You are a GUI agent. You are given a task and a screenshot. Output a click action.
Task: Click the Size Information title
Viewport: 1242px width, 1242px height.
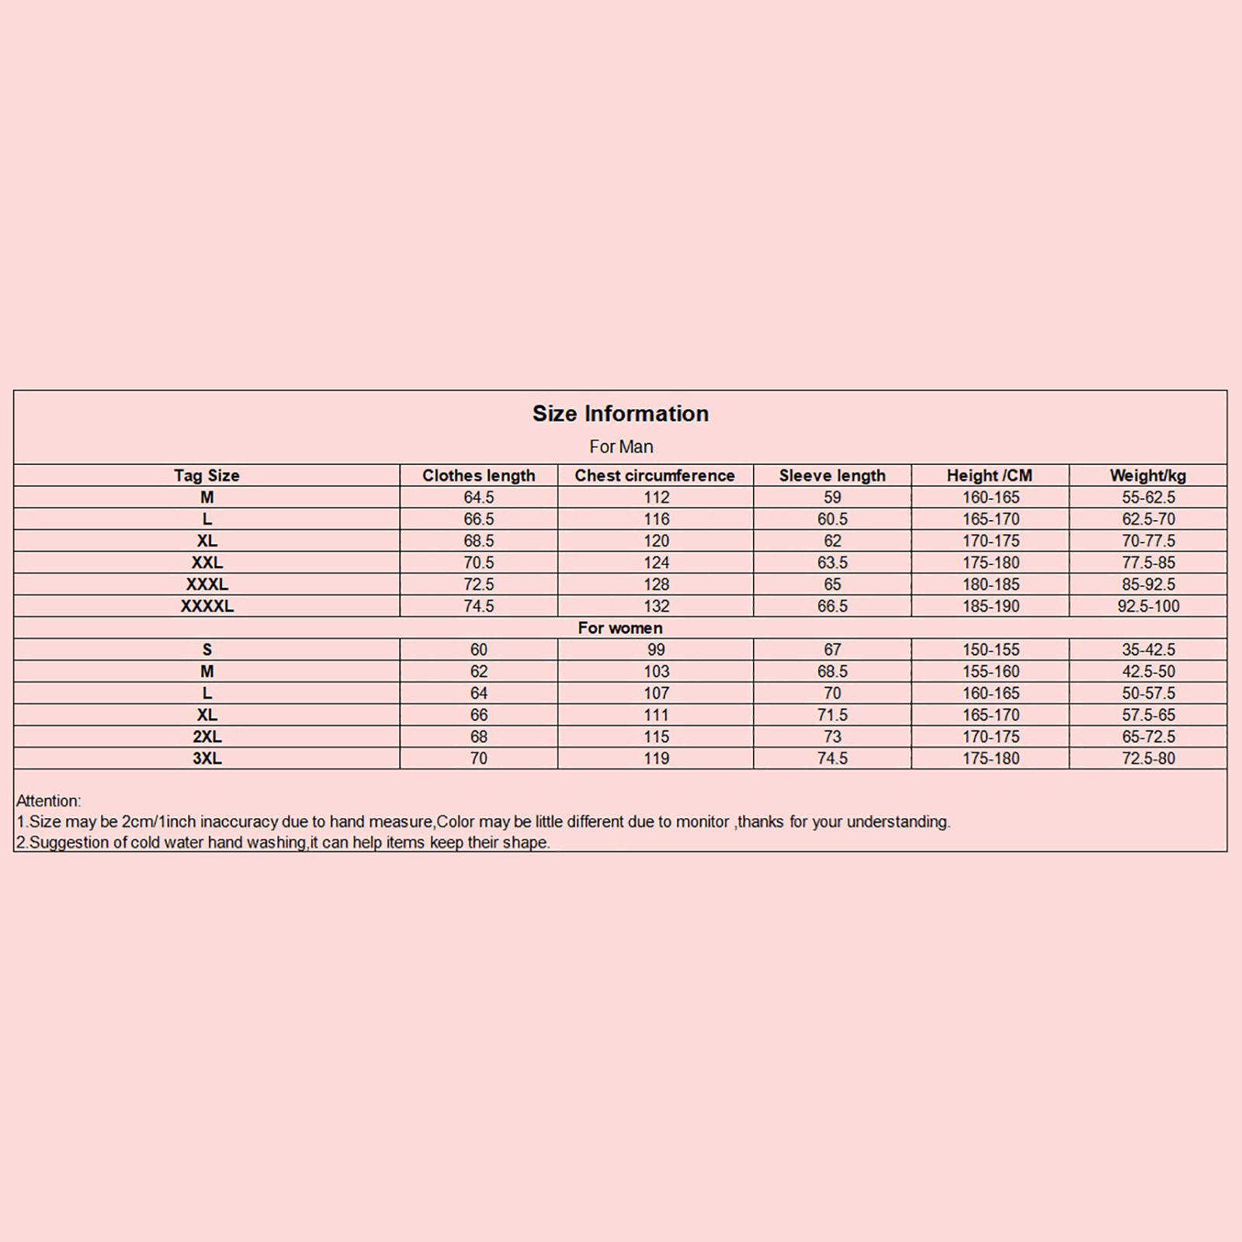620,414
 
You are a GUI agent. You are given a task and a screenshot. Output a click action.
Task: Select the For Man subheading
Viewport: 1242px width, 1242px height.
621,447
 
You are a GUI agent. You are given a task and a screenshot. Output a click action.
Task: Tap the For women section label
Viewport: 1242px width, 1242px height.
620,628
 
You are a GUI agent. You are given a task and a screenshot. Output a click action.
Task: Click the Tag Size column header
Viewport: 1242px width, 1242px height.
206,476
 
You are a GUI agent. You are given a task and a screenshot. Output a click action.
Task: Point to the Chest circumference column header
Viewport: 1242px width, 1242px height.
654,476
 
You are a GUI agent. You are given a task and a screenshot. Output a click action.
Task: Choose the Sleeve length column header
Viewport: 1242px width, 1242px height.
832,476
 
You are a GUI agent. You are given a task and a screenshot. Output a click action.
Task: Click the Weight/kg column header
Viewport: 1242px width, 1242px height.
1147,476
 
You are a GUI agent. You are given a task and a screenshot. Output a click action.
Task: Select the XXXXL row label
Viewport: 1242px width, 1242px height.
206,606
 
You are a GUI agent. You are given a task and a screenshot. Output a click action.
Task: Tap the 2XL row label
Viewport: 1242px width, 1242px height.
206,737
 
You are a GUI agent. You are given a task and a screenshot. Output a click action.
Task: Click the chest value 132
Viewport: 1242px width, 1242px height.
656,606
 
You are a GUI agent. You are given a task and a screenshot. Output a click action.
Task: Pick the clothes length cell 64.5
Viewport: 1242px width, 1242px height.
478,498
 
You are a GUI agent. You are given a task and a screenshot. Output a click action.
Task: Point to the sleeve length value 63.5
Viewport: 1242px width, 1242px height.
832,563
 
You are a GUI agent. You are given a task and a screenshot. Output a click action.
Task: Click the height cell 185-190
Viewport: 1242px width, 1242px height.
990,606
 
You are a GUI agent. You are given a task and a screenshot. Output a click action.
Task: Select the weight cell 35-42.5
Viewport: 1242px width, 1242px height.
1148,650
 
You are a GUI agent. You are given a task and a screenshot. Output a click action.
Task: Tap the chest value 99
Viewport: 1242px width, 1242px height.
656,650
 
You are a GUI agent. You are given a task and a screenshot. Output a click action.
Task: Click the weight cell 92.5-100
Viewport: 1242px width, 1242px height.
1148,606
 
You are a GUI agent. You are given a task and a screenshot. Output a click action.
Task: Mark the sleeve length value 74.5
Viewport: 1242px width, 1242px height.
832,758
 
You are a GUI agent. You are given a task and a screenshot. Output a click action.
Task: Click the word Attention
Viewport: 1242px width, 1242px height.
47,801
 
